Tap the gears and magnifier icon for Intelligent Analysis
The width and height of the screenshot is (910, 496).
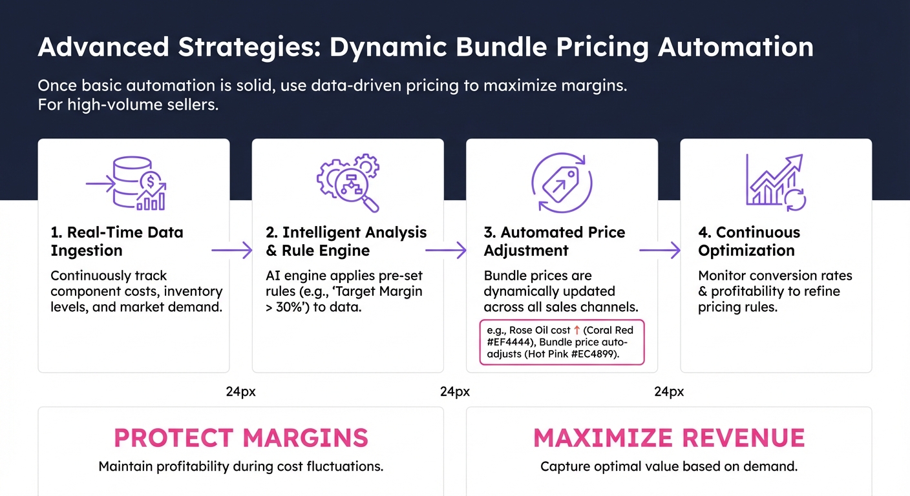point(348,182)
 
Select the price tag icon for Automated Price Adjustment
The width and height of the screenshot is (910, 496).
point(561,183)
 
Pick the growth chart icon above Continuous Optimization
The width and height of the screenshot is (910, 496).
point(776,183)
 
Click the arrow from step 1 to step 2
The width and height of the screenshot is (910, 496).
point(231,251)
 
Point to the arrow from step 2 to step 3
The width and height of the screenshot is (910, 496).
point(445,251)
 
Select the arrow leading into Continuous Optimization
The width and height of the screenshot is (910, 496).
point(660,251)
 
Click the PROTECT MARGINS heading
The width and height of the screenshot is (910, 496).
point(241,439)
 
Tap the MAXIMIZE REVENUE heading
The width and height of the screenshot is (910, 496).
point(669,439)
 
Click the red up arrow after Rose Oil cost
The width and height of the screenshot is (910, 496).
point(577,331)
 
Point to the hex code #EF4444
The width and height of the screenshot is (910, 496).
point(511,343)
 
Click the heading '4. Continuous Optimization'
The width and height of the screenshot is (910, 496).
point(749,242)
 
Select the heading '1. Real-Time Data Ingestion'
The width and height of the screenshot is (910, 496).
point(117,242)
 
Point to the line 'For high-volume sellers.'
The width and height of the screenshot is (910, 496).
point(128,105)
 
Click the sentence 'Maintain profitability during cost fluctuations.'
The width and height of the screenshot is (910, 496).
point(241,466)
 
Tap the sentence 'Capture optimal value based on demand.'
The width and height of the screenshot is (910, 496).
point(669,466)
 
